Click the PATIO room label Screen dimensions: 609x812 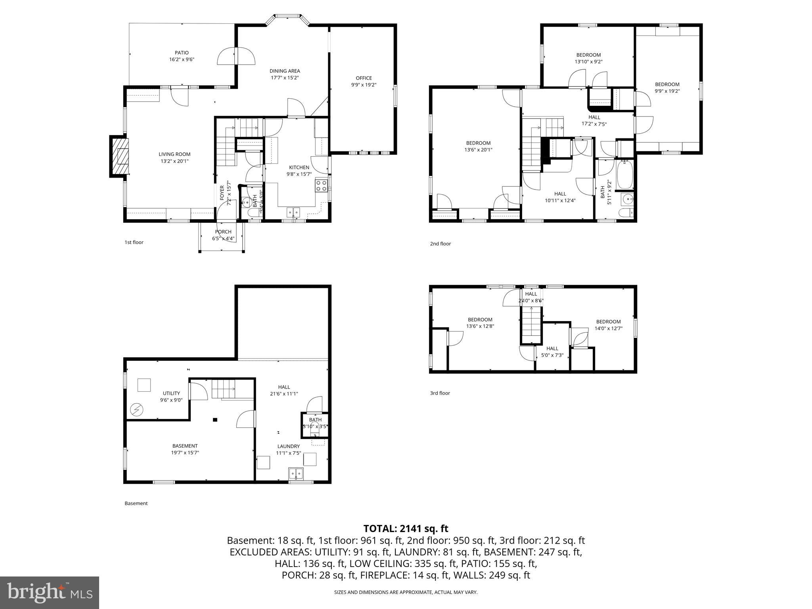[182, 53]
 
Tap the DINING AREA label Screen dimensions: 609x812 [285, 71]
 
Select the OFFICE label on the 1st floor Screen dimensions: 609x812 [364, 78]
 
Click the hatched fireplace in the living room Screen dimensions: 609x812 [120, 156]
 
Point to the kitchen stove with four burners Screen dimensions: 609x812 [321, 186]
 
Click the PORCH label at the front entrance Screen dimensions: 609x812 [223, 232]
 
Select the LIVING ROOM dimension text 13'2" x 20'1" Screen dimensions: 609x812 [174, 161]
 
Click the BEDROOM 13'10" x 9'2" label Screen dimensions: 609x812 [588, 55]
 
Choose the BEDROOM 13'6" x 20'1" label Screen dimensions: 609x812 [478, 143]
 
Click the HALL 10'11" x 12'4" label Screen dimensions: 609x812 [560, 194]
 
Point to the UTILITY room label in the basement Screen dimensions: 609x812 [171, 393]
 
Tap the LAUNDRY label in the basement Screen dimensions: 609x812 [288, 446]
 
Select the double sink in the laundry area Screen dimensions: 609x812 [296, 473]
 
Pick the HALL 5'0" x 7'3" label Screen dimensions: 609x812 [552, 349]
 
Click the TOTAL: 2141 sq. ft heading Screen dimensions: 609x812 [406, 529]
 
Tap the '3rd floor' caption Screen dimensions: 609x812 [440, 393]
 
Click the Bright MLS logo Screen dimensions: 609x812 [50, 592]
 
